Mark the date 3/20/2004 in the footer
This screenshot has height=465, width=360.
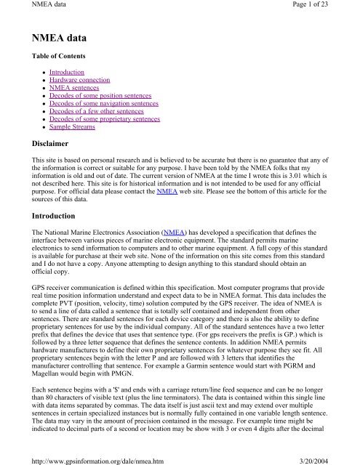[338, 458]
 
